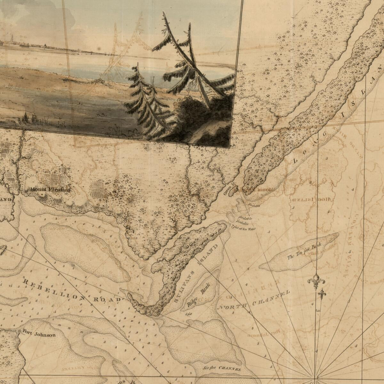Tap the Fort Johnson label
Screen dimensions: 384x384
coord(39,335)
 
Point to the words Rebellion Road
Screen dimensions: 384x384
coord(72,291)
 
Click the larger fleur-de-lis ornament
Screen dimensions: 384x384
coord(316,282)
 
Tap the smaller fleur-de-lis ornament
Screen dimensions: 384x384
coord(322,293)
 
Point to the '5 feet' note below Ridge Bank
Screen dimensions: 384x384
coord(188,313)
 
